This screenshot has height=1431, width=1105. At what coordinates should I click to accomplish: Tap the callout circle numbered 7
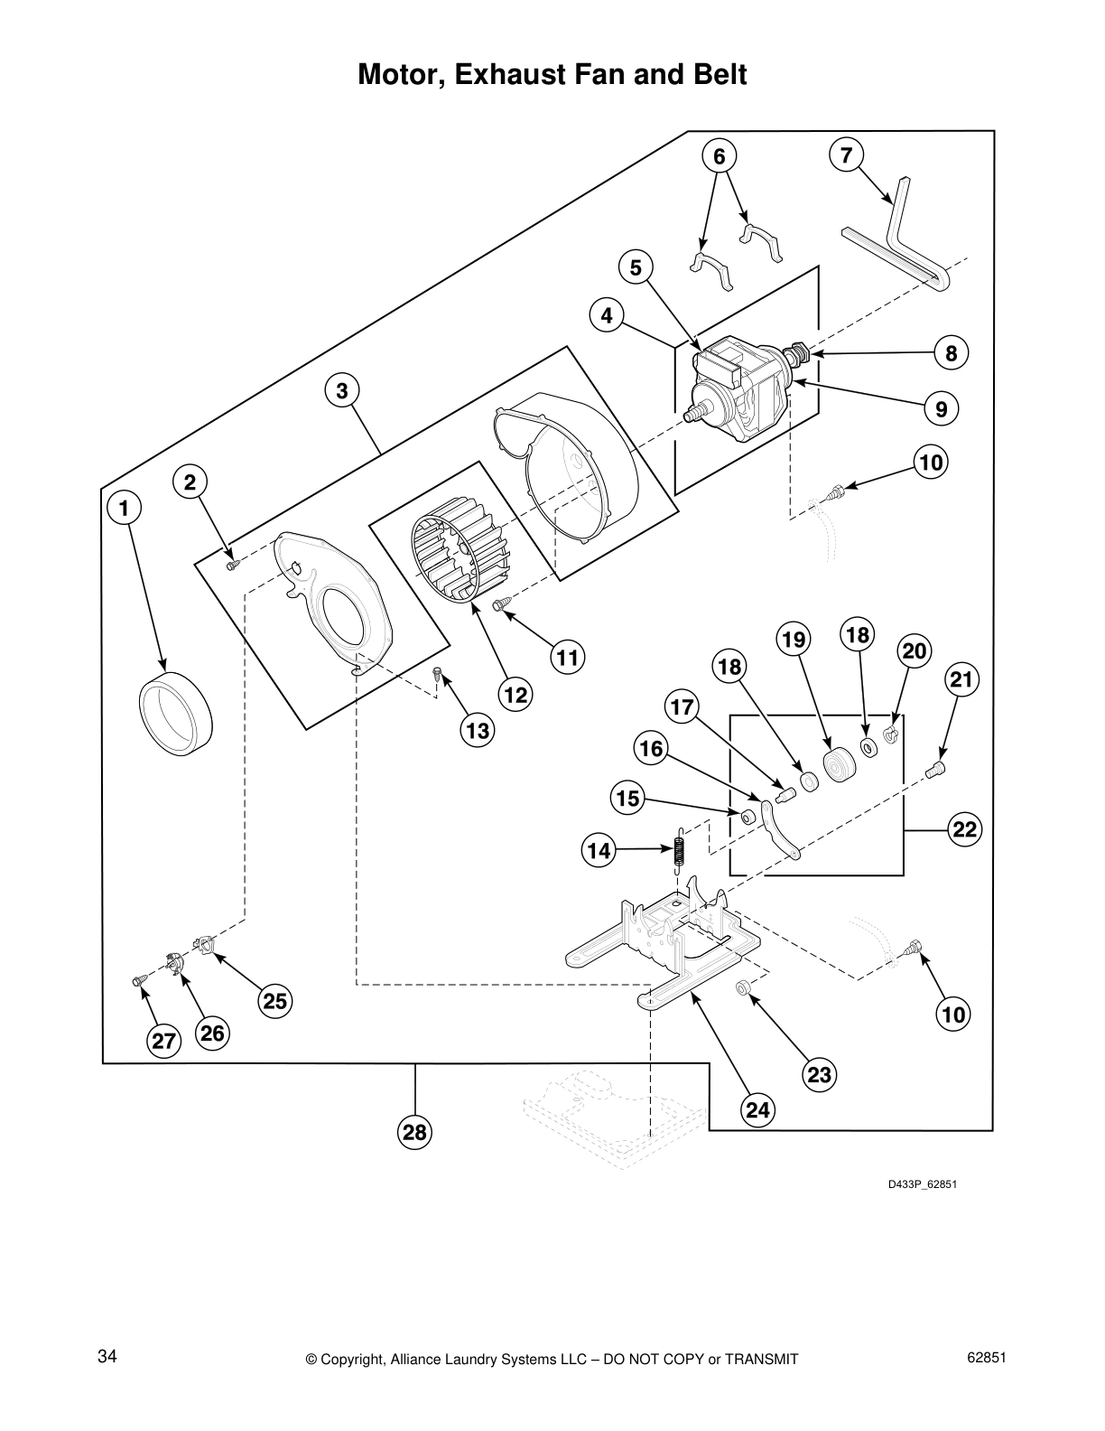click(846, 155)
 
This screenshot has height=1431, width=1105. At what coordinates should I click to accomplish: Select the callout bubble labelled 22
click(965, 829)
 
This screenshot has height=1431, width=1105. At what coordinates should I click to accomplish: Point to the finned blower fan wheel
click(450, 556)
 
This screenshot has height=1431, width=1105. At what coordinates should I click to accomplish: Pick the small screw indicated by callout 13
click(437, 673)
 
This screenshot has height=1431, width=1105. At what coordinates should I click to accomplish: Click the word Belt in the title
click(713, 74)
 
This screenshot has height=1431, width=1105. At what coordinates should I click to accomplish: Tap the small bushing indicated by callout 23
click(743, 988)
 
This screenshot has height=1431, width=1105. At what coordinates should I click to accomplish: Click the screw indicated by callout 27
click(139, 979)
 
